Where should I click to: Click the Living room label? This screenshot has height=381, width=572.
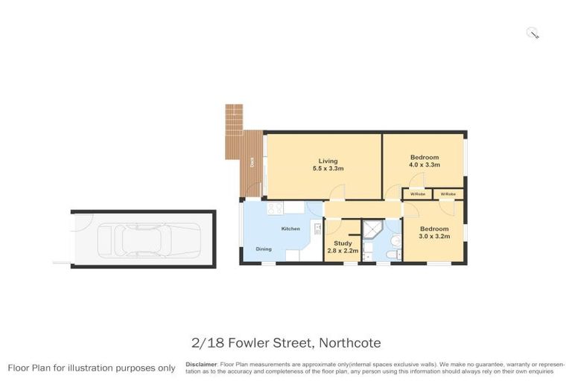(328, 161)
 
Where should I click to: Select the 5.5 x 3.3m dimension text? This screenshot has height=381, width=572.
(328, 169)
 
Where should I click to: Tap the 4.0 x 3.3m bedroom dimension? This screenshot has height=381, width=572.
(425, 165)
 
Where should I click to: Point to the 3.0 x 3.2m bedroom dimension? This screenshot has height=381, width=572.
(434, 236)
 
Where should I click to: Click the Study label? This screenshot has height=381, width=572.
(343, 243)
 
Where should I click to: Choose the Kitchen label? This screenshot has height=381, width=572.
(290, 228)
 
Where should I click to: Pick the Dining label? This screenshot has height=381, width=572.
(264, 249)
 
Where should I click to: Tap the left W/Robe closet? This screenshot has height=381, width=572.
(416, 194)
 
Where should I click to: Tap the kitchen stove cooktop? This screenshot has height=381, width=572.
(273, 209)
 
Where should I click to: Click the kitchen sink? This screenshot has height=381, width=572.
(317, 228)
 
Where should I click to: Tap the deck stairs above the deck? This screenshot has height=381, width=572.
(235, 117)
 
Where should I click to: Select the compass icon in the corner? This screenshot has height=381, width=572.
(533, 32)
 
